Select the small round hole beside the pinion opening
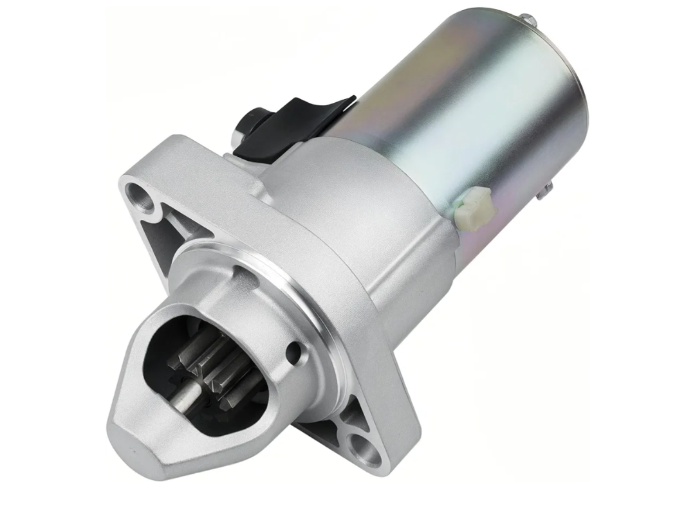tap(295, 351)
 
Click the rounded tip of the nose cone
tap(134, 444)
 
